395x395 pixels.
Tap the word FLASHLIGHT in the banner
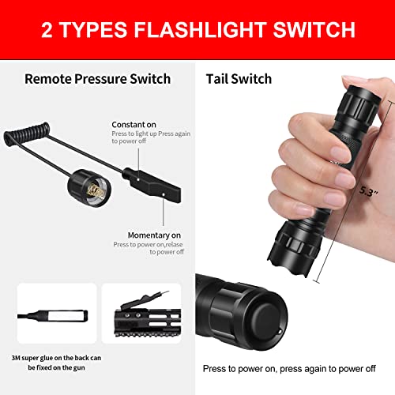(193, 30)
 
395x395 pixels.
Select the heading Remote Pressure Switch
(98, 78)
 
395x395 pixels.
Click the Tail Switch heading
(239, 78)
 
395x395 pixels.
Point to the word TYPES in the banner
(97, 30)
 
